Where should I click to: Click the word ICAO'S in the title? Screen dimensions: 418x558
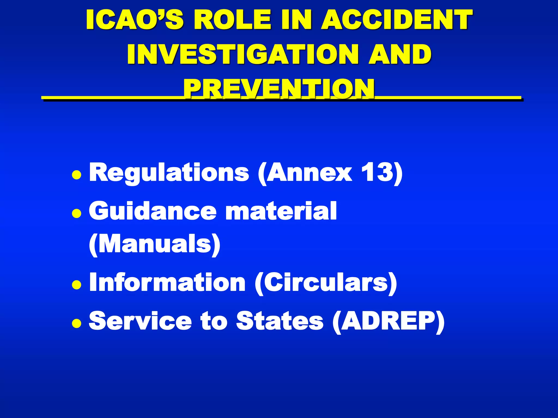pyautogui.click(x=135, y=20)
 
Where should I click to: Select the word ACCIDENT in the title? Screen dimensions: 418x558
pyautogui.click(x=397, y=20)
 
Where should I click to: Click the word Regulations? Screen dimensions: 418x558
pyautogui.click(x=169, y=173)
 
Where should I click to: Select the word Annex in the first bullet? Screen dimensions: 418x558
pyautogui.click(x=309, y=173)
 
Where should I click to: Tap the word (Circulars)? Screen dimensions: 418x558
pyautogui.click(x=326, y=283)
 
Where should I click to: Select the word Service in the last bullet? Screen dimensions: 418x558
pyautogui.click(x=140, y=321)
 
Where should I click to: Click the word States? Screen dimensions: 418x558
pyautogui.click(x=280, y=321)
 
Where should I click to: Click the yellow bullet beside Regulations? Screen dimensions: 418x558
pyautogui.click(x=77, y=175)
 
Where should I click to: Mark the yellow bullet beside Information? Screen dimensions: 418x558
pyautogui.click(x=77, y=285)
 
